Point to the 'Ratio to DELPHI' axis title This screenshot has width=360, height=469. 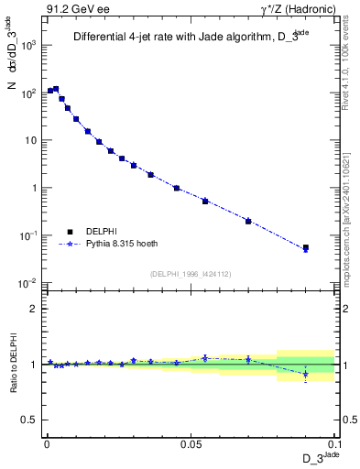point(12,364)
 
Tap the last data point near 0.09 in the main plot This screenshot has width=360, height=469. point(306,248)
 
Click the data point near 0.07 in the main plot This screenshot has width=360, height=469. point(248,221)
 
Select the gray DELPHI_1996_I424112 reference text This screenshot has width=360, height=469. point(190,274)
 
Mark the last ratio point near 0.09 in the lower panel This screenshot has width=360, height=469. point(306,374)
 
